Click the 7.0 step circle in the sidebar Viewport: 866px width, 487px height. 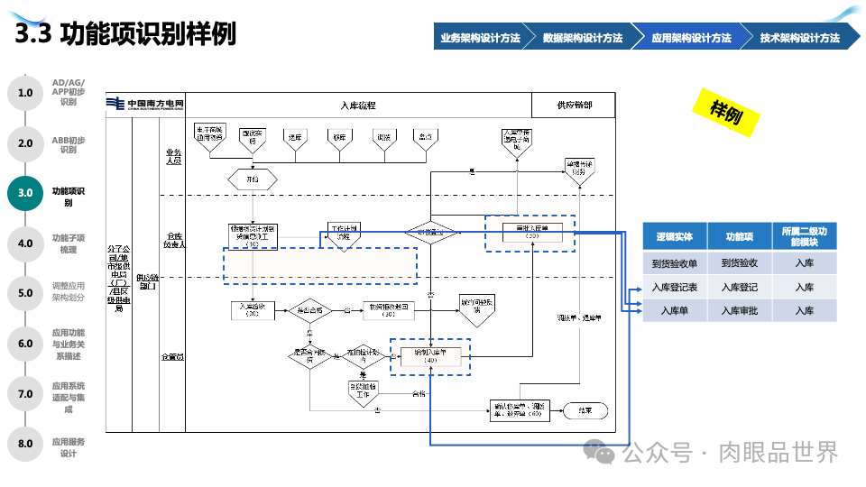tap(25, 393)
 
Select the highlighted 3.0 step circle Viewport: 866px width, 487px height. tap(25, 192)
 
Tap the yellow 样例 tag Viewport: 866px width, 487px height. tap(725, 112)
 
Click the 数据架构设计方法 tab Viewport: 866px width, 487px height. tap(583, 38)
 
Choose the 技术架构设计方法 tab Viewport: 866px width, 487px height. tap(799, 38)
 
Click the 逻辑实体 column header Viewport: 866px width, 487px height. tap(675, 236)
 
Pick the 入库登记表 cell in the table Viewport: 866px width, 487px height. tap(675, 288)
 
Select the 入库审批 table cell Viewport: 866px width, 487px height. tap(739, 311)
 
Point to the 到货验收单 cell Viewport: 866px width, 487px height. tap(675, 263)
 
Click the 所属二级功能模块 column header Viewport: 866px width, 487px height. tap(804, 236)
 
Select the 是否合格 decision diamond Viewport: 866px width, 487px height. tap(309, 309)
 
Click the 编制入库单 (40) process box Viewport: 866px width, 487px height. tap(430, 355)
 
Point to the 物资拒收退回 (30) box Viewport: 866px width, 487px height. tap(390, 309)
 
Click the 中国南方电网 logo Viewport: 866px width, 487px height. tap(145, 105)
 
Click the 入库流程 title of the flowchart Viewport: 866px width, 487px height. tap(358, 106)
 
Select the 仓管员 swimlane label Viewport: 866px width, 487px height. tap(172, 357)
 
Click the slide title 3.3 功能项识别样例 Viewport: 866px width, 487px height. tap(126, 34)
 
